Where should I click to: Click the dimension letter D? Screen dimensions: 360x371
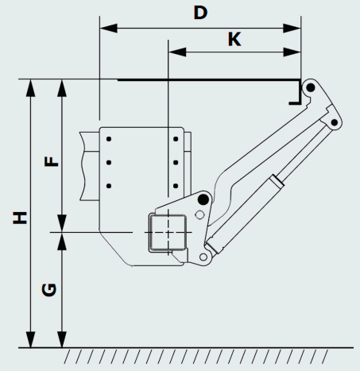(x=200, y=13)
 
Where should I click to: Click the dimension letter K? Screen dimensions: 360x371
(x=234, y=39)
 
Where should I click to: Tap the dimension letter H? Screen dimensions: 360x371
(x=20, y=218)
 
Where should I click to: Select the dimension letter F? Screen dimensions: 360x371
(x=51, y=161)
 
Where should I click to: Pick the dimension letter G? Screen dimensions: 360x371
(x=49, y=290)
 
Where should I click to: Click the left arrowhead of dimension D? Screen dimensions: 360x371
(x=109, y=28)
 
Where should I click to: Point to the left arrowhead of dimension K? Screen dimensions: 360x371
(x=177, y=52)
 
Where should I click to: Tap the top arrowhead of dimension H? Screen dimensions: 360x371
(x=31, y=88)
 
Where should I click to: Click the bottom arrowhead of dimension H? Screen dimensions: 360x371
(x=31, y=338)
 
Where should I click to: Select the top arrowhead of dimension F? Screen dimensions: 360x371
(x=62, y=88)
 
